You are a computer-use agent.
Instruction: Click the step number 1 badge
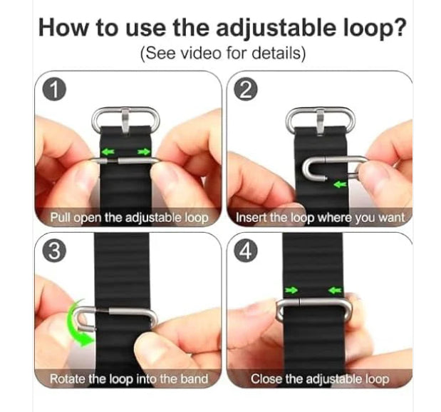pyautogui.click(x=54, y=90)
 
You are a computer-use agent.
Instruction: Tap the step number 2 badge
pyautogui.click(x=246, y=90)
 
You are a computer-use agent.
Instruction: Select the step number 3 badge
pyautogui.click(x=54, y=251)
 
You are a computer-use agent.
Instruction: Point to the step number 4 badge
pyautogui.click(x=246, y=251)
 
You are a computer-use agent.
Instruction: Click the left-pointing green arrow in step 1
pyautogui.click(x=108, y=152)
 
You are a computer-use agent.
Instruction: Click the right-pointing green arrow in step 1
pyautogui.click(x=144, y=152)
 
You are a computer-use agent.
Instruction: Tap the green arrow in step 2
pyautogui.click(x=340, y=184)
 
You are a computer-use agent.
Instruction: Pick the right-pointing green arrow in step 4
pyautogui.click(x=291, y=290)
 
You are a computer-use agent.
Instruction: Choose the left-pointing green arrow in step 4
pyautogui.click(x=335, y=290)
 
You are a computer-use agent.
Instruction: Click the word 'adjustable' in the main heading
pyautogui.click(x=276, y=29)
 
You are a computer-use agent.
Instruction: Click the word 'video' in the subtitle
pyautogui.click(x=200, y=54)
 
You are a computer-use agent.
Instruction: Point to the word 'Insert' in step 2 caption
pyautogui.click(x=248, y=218)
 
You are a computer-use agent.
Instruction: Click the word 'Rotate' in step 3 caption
pyautogui.click(x=68, y=379)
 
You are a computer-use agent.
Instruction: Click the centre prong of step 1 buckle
pyautogui.click(x=125, y=121)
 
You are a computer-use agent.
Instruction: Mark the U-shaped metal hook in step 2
pyautogui.click(x=313, y=169)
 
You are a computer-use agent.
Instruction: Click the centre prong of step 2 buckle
pyautogui.click(x=320, y=122)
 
